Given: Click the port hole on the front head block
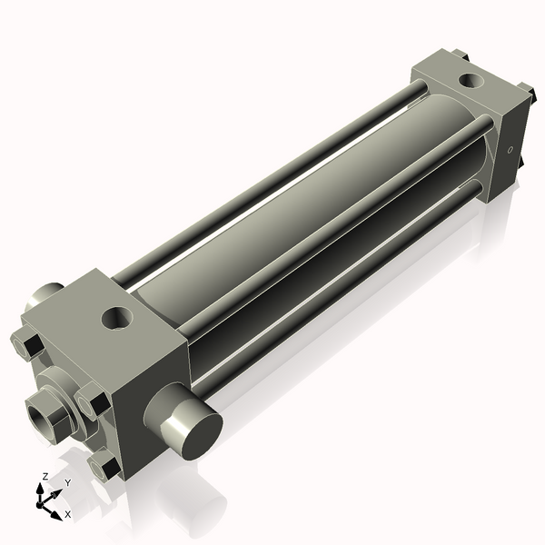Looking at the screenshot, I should coord(118,318).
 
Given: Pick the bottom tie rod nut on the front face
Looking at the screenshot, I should coord(104,467).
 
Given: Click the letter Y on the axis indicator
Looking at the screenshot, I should coord(67,482).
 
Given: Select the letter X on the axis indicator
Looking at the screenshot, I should coord(66,514).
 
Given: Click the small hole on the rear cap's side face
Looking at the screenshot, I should coord(510,151).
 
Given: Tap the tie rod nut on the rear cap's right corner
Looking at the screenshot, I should coord(526,94).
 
